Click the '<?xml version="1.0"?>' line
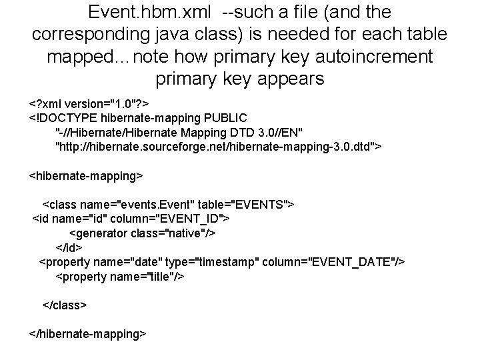[x=89, y=105]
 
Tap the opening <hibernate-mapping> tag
[x=85, y=175]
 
